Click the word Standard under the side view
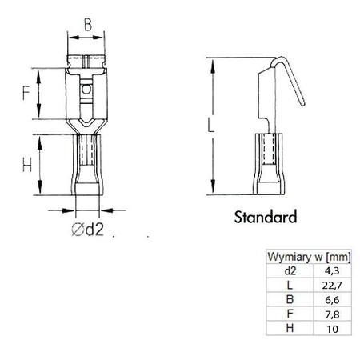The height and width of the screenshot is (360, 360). point(265,216)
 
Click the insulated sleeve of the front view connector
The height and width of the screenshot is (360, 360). point(86,164)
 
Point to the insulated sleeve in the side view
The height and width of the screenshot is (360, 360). point(270,164)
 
